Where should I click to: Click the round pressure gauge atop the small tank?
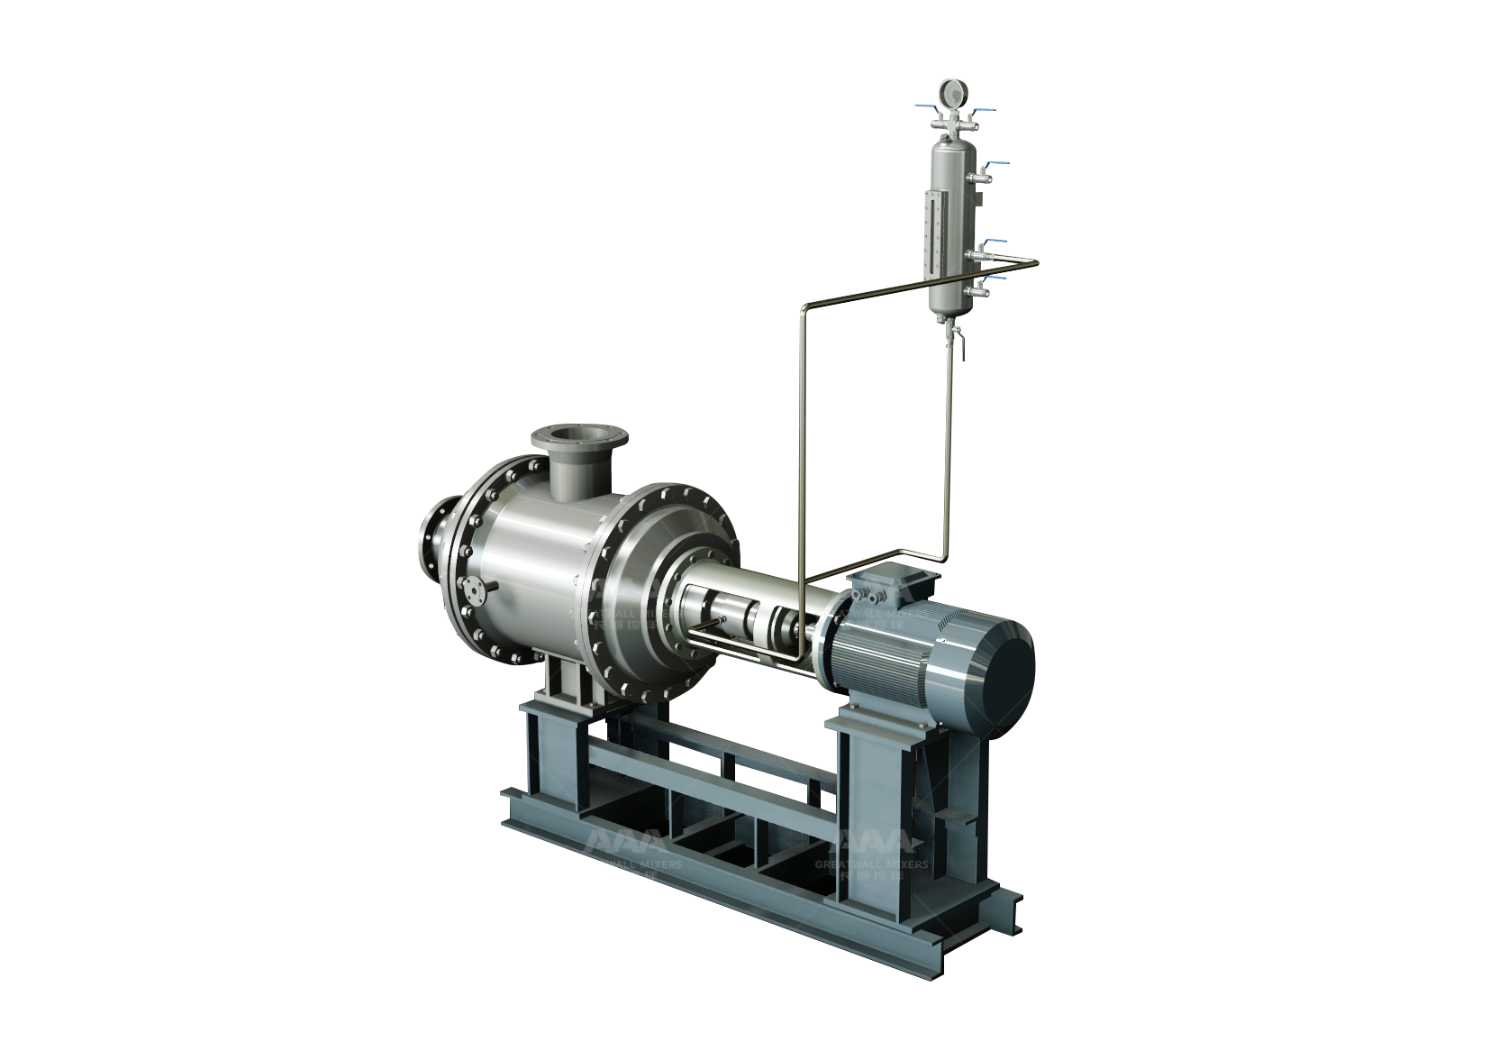pyautogui.click(x=951, y=93)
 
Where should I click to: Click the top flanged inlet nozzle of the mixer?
pyautogui.click(x=579, y=443)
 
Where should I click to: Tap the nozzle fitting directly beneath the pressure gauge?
pyautogui.click(x=951, y=125)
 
